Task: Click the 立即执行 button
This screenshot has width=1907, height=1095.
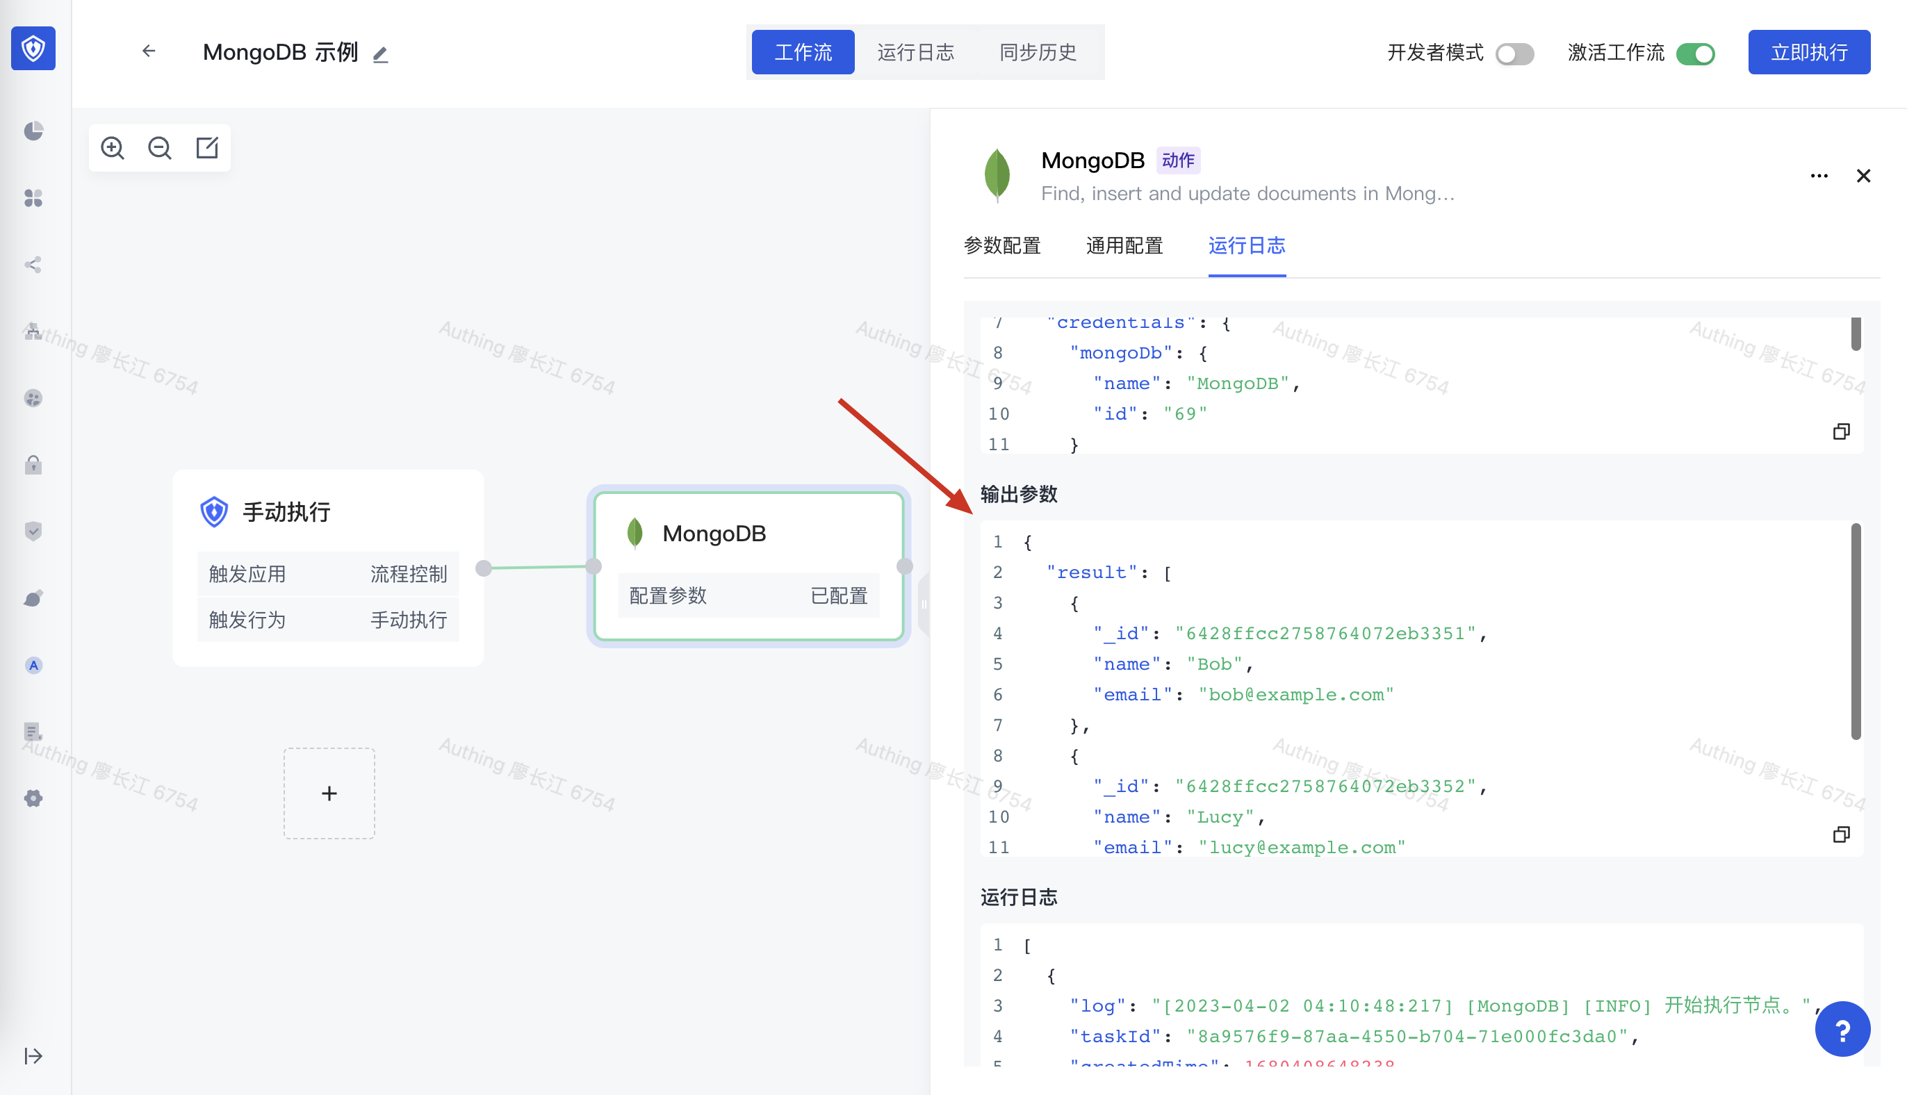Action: pyautogui.click(x=1808, y=53)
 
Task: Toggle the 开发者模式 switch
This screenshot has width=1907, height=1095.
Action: pyautogui.click(x=1514, y=54)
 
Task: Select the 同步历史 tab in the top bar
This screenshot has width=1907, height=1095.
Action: pyautogui.click(x=1038, y=53)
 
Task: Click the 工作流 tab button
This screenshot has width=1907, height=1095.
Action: pyautogui.click(x=803, y=53)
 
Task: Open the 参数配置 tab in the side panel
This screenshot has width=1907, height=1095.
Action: pyautogui.click(x=1001, y=246)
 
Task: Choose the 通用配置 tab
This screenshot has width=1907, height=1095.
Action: pyautogui.click(x=1124, y=246)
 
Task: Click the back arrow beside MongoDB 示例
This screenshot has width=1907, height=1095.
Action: pyautogui.click(x=149, y=51)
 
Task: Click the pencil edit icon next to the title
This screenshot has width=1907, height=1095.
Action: pyautogui.click(x=381, y=55)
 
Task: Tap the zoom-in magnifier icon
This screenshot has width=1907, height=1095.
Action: pyautogui.click(x=113, y=147)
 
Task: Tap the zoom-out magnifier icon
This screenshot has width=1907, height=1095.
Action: pyautogui.click(x=159, y=147)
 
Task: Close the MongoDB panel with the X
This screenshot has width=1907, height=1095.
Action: pyautogui.click(x=1863, y=176)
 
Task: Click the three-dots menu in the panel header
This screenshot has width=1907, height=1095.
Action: pyautogui.click(x=1818, y=176)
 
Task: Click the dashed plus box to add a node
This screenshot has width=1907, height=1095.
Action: pyautogui.click(x=329, y=793)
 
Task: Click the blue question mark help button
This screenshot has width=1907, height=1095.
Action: pyautogui.click(x=1842, y=1030)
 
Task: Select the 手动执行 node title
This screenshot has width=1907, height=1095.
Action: pyautogui.click(x=286, y=512)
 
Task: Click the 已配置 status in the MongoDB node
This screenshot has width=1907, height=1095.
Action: pyautogui.click(x=838, y=595)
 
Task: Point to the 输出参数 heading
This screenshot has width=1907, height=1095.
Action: pyautogui.click(x=1019, y=494)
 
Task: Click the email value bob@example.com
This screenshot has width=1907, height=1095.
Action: pyautogui.click(x=1295, y=695)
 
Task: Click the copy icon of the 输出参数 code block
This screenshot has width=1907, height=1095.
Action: pyautogui.click(x=1841, y=834)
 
